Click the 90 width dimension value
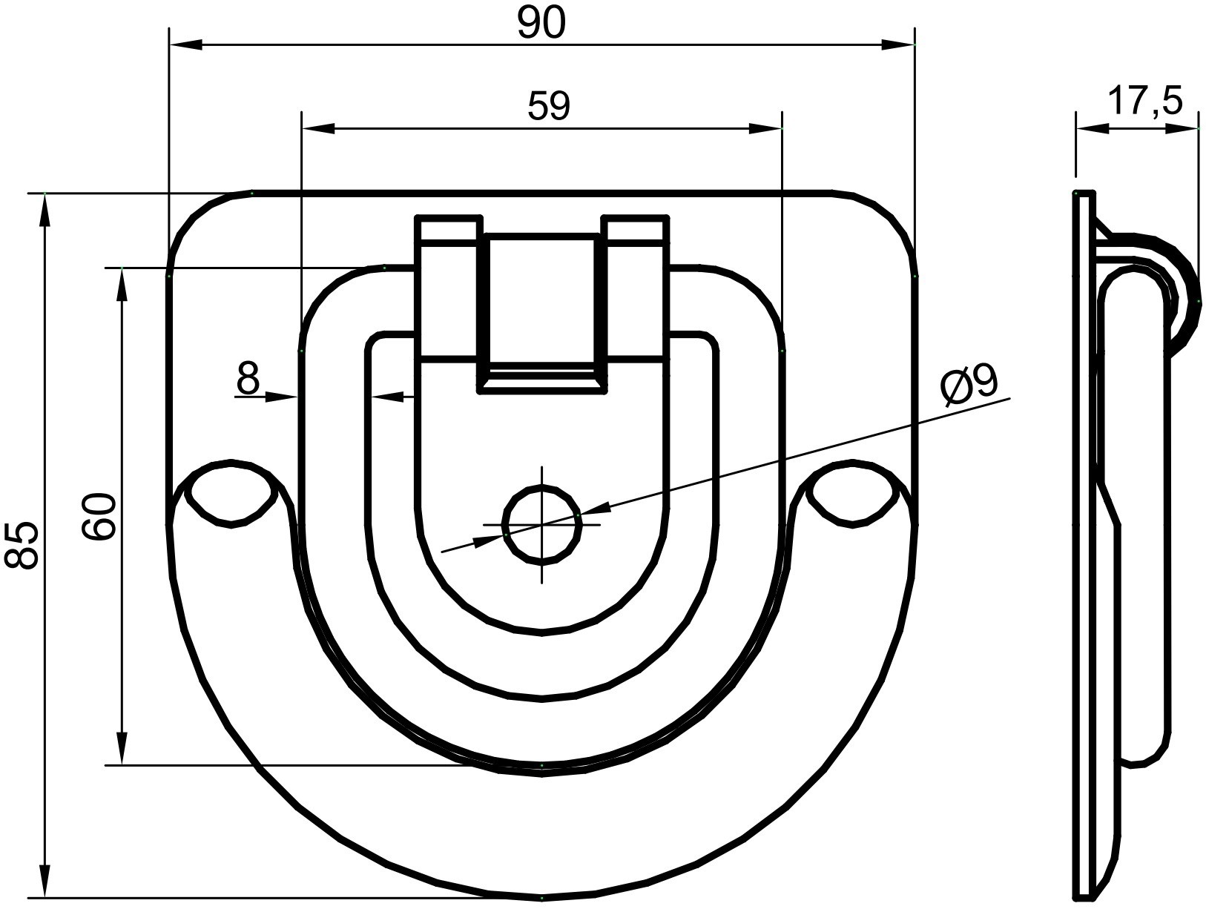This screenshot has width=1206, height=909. coord(541,24)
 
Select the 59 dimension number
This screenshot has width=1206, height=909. coord(548,106)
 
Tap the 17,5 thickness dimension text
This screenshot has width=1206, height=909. coord(1144,102)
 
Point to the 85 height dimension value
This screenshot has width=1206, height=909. coord(22,546)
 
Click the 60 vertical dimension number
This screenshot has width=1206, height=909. coord(99,516)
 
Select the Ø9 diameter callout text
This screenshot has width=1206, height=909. coord(969,387)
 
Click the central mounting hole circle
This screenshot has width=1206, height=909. coord(542,524)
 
